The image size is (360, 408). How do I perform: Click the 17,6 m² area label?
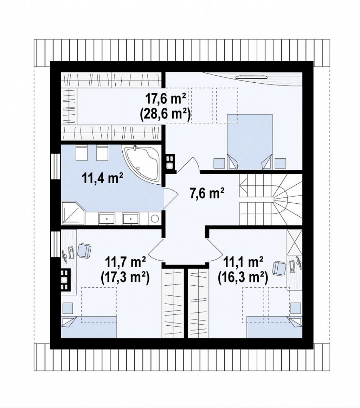[x=166, y=99]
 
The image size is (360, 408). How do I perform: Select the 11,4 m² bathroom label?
[x=103, y=179]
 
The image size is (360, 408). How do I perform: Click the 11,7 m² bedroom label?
[x=125, y=262]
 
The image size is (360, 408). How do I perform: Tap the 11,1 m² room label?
[x=243, y=262]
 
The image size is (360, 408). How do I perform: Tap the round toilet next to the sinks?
[x=155, y=218]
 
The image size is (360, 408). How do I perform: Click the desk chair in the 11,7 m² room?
[x=84, y=250]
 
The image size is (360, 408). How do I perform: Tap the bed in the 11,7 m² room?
[x=89, y=327]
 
